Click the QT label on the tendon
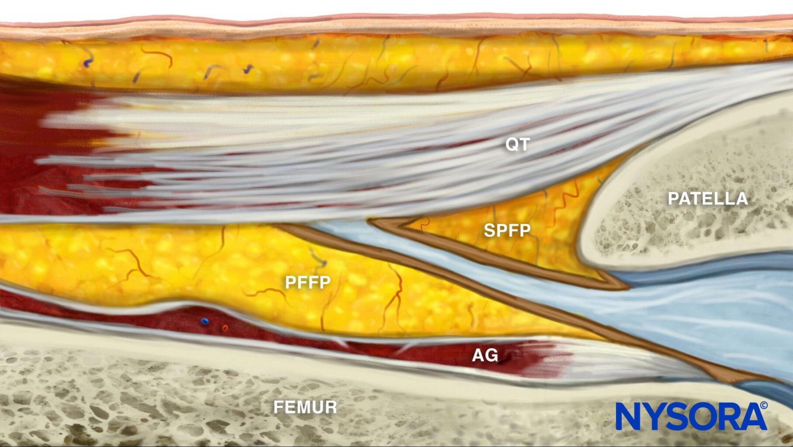[x=518, y=144]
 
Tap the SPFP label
[x=507, y=230]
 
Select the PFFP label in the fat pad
[x=308, y=282]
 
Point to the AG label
[x=485, y=355]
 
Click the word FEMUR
[x=305, y=407]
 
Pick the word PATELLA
[x=708, y=199]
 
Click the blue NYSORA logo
[x=692, y=416]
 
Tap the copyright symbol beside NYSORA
[x=764, y=406]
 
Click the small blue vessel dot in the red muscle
[x=204, y=322]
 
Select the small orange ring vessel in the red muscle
[x=225, y=328]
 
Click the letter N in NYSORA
[x=629, y=416]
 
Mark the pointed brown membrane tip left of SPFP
[x=372, y=221]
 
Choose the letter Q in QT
[x=512, y=144]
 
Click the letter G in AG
[x=492, y=355]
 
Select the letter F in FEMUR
[x=279, y=407]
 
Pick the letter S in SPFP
[x=489, y=230]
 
